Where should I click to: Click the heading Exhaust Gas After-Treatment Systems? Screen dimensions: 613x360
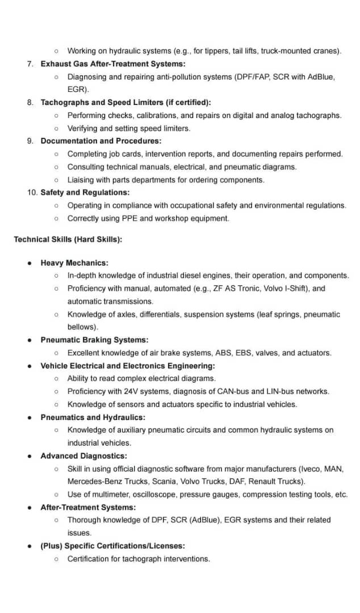pyautogui.click(x=113, y=64)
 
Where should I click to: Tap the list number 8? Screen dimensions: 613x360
pyautogui.click(x=30, y=103)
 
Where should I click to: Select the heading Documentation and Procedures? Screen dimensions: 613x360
pyautogui.click(x=101, y=141)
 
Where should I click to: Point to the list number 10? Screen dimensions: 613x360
pyautogui.click(x=32, y=192)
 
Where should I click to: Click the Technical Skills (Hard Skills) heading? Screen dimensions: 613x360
pyautogui.click(x=68, y=240)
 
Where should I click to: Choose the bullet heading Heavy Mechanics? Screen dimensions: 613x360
pyautogui.click(x=74, y=263)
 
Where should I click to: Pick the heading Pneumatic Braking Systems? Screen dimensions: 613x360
pyautogui.click(x=94, y=340)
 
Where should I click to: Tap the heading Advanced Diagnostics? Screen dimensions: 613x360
pyautogui.click(x=83, y=456)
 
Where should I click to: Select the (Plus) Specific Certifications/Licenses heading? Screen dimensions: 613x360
pyautogui.click(x=113, y=546)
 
